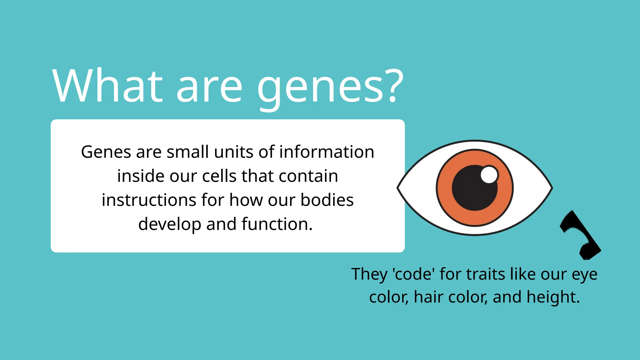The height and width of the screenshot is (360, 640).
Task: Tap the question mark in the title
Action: click(393, 86)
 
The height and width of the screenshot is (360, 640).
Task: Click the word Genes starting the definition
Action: click(106, 152)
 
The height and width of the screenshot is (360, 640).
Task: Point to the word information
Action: click(327, 152)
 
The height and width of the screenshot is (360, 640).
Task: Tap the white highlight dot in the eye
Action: click(489, 174)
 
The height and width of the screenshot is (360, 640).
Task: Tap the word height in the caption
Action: click(553, 297)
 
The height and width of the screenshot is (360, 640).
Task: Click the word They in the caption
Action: click(369, 274)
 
